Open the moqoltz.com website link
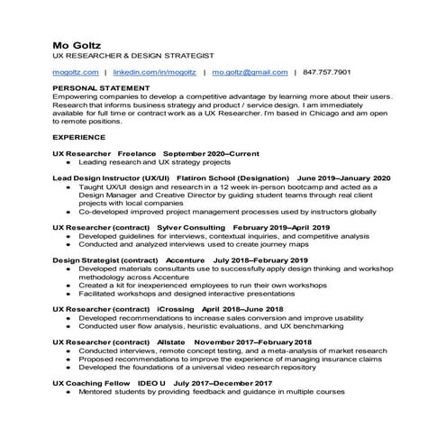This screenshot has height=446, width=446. pos(76,71)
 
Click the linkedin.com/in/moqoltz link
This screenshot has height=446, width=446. pos(155,71)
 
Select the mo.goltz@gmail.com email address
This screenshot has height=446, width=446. pos(250,71)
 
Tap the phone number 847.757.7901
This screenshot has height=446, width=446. pos(327,71)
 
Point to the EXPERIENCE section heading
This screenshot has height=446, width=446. pos(79,136)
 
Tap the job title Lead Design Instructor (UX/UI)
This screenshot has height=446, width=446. pos(110,178)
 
